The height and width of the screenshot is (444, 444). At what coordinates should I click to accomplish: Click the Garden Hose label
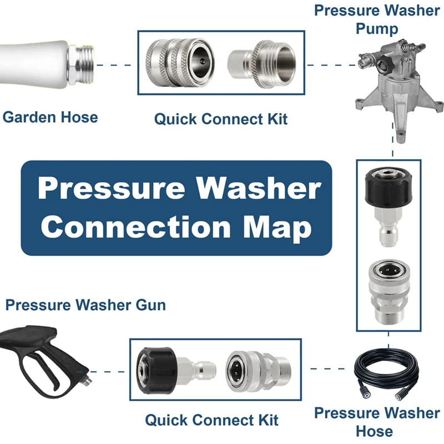point(50,117)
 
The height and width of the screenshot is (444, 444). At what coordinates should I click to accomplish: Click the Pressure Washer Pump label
point(377,19)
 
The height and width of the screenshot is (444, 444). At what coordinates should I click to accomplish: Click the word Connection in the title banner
point(136,227)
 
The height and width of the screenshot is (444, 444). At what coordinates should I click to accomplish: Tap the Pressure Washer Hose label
point(377,422)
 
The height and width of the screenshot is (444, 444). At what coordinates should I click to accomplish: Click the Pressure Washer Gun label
point(85,305)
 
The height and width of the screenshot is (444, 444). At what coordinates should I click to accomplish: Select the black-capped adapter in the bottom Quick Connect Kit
point(176,370)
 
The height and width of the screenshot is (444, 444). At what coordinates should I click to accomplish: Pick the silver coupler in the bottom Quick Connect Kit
point(258,370)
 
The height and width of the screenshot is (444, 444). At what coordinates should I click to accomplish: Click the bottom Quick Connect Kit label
point(212,420)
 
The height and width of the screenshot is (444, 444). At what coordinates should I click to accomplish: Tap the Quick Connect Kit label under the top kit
point(221,119)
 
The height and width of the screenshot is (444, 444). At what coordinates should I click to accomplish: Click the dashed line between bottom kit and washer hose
point(328,369)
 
